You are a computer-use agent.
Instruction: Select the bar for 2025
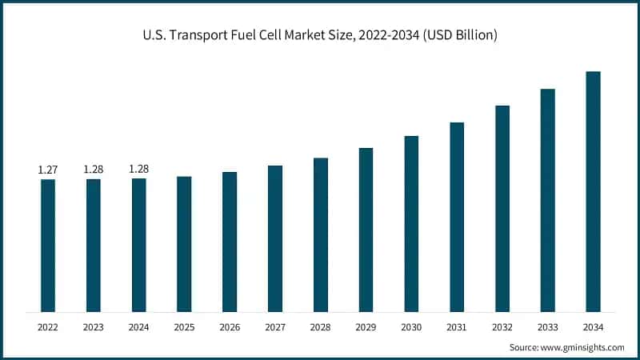[184, 243]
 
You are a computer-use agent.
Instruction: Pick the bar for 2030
[411, 223]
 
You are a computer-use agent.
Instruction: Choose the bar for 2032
[502, 208]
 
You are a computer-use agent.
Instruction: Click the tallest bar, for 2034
[593, 191]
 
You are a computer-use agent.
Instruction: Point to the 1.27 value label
[48, 170]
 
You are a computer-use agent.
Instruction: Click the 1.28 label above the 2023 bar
[94, 169]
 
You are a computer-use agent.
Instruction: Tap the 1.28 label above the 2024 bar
[139, 168]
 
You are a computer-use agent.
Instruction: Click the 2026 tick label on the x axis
[230, 326]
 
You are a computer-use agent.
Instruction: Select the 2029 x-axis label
[366, 326]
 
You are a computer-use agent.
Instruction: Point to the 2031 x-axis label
[457, 326]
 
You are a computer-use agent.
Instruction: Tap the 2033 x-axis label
[547, 326]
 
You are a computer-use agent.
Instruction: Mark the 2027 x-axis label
[275, 326]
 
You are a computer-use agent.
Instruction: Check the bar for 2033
[547, 200]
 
